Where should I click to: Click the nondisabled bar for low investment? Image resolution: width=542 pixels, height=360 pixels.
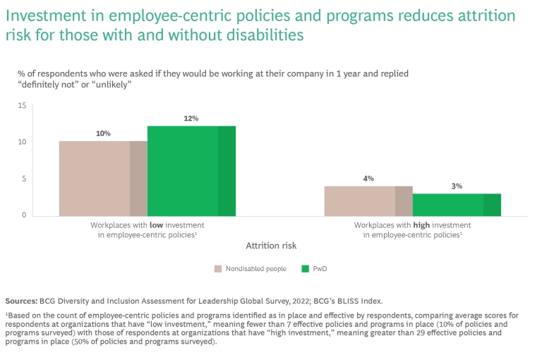(x=103, y=178)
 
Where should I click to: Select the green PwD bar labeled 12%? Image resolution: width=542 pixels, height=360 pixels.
(x=191, y=171)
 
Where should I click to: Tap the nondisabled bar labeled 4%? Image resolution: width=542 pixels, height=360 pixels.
(x=368, y=200)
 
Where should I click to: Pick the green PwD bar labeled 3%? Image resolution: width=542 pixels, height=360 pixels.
(x=457, y=204)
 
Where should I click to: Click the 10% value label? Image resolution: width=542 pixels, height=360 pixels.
(x=103, y=133)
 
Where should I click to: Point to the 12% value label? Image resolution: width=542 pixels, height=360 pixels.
(x=191, y=119)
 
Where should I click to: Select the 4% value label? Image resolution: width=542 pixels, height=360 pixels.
(x=368, y=179)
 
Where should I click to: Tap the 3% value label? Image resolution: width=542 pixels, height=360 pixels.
(x=457, y=186)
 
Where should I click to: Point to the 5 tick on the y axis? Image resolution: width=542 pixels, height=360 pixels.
(x=23, y=179)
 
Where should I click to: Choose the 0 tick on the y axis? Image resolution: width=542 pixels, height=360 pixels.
(x=23, y=215)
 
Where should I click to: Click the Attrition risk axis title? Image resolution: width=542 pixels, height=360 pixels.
(x=271, y=246)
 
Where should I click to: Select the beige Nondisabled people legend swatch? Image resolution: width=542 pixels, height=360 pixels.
(x=219, y=268)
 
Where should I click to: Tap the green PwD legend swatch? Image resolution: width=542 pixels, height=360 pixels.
(x=306, y=268)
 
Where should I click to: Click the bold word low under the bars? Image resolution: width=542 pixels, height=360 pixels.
(x=157, y=224)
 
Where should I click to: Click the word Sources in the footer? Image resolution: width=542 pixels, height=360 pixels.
(x=22, y=301)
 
